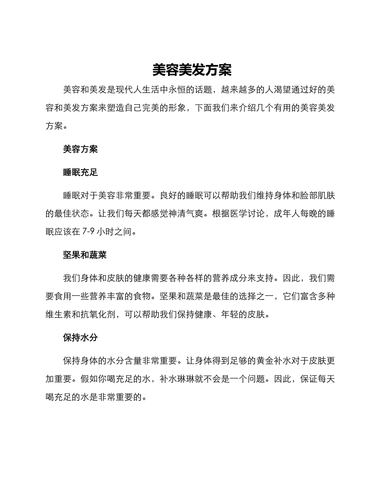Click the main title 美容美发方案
point(192,70)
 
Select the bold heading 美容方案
point(80,149)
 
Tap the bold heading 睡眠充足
point(80,173)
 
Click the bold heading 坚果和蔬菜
point(85,255)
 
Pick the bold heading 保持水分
point(80,337)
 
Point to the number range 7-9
point(88,232)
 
